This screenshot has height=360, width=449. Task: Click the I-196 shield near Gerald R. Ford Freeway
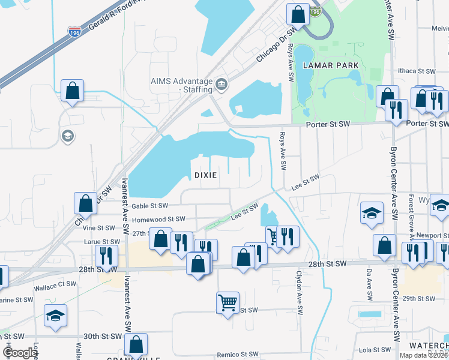[x=74, y=29]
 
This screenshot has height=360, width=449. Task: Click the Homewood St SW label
[x=158, y=220]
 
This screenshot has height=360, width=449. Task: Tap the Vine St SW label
[x=98, y=228]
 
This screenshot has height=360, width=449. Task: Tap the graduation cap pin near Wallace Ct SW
[x=56, y=315]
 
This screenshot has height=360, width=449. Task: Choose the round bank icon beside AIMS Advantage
[x=221, y=83]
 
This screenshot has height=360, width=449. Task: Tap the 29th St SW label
[x=418, y=298]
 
